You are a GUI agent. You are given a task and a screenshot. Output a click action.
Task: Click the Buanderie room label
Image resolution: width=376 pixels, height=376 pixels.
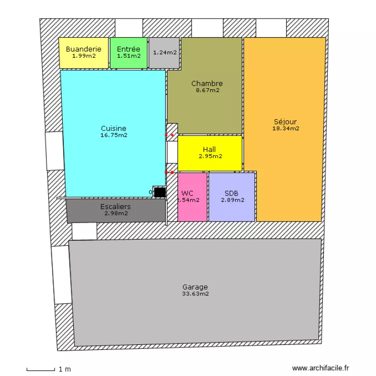pos(84,49)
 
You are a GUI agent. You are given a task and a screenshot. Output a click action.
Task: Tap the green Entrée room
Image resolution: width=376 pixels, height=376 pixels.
pos(129,52)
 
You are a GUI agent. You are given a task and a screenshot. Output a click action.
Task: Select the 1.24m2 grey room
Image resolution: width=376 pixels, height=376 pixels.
pos(164,53)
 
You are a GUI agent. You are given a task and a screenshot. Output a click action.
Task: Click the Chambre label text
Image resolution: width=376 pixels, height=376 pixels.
pos(207,84)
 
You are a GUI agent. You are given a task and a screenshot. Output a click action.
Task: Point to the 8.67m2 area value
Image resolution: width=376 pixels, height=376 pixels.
pos(207,91)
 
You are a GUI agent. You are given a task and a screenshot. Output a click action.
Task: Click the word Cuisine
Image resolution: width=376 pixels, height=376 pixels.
pos(113,128)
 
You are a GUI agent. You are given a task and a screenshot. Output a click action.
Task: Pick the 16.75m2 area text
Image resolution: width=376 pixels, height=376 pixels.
pos(113,135)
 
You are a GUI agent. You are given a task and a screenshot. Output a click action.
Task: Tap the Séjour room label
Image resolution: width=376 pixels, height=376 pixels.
pos(285,121)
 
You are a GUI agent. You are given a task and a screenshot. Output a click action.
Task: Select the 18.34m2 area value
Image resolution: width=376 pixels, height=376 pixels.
pos(285,128)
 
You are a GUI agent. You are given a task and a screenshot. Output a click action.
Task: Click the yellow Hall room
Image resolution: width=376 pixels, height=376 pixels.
pos(210,153)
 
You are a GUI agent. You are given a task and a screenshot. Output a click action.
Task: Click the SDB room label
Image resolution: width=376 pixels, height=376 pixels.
pos(232,193)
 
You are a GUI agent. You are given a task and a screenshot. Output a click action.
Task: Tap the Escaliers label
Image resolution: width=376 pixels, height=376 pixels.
pos(115,207)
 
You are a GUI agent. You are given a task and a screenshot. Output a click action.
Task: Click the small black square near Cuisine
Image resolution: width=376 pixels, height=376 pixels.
pos(160,192)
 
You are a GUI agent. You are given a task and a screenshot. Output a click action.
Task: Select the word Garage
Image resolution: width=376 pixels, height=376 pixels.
pos(195,287)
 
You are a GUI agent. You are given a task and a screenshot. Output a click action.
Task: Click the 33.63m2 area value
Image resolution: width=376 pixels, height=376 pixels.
pos(195,294)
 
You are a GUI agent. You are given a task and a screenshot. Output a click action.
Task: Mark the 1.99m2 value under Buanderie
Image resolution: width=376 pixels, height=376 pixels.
pos(84,56)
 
